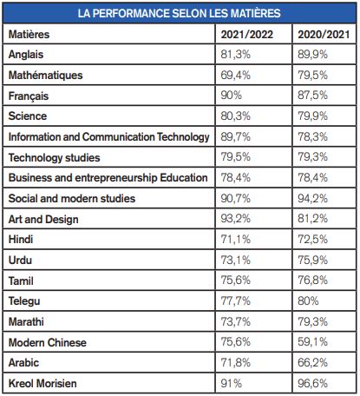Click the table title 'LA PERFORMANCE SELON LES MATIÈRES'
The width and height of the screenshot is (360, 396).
point(180,13)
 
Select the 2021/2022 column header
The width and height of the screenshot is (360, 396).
point(247,35)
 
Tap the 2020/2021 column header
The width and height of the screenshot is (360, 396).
point(324,35)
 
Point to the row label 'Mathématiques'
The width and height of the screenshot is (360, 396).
point(45,76)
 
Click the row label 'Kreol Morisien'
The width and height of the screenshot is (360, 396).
point(43,384)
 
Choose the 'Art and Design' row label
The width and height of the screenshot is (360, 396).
point(43,219)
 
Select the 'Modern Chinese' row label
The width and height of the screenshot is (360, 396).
point(48,342)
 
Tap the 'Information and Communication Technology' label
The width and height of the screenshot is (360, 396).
point(108,137)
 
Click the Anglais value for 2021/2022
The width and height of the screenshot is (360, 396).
point(236,55)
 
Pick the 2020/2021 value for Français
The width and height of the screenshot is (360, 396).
point(313,96)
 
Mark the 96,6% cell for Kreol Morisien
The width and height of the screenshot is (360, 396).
point(313,384)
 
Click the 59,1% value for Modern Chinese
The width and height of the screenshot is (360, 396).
point(313,342)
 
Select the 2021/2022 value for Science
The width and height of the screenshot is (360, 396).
point(236,116)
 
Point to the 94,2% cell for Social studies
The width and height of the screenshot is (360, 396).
point(313,199)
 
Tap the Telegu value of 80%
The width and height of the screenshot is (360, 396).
point(308,301)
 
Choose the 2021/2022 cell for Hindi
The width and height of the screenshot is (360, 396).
point(236,240)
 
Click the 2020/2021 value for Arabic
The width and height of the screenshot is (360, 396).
point(313,362)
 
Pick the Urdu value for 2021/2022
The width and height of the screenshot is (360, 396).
point(236,260)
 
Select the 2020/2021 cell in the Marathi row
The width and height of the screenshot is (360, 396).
point(313,321)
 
